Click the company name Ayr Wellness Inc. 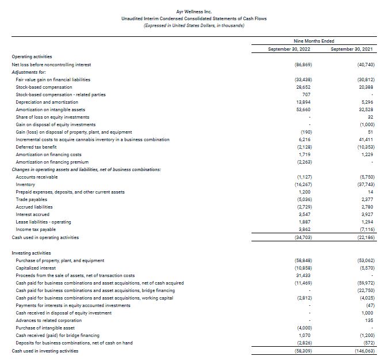pyautogui.click(x=192, y=11)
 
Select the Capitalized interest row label pyautogui.click(x=36, y=268)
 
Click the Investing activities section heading pyautogui.click(x=31, y=252)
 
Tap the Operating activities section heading pyautogui.click(x=32, y=56)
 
